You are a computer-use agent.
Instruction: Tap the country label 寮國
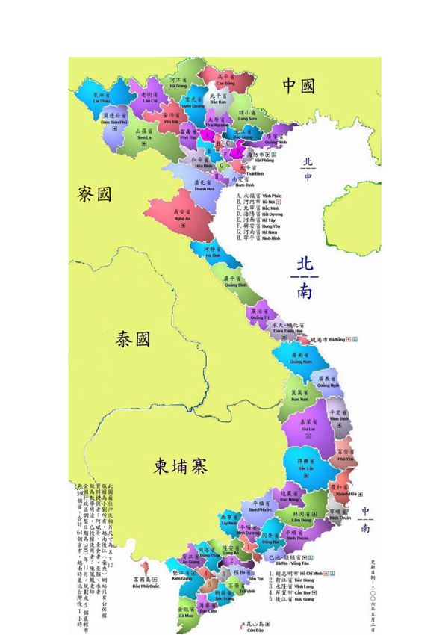coord(94,195)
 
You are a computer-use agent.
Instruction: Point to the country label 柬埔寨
coord(181,466)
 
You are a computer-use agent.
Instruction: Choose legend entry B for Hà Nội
coord(258,202)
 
